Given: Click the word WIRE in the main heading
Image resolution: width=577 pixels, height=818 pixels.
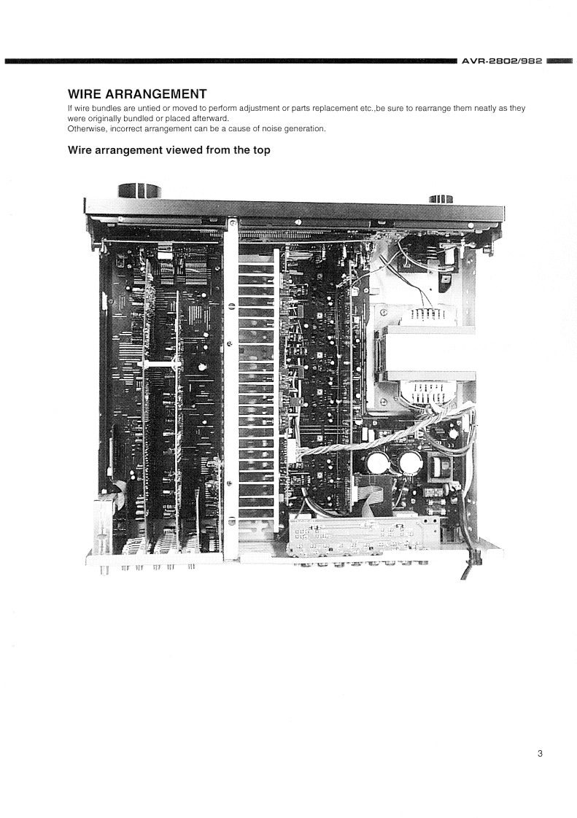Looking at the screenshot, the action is pyautogui.click(x=85, y=94).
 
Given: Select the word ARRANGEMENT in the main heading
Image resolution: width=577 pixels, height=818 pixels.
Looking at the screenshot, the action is pyautogui.click(x=156, y=94).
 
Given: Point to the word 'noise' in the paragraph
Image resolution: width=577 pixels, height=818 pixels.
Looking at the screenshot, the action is pyautogui.click(x=271, y=129).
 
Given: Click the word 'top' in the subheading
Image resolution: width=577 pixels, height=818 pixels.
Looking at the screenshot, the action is pyautogui.click(x=262, y=151).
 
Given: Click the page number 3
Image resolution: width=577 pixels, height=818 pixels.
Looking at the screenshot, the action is pyautogui.click(x=540, y=753).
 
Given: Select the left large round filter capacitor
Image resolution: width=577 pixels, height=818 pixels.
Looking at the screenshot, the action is pyautogui.click(x=376, y=461).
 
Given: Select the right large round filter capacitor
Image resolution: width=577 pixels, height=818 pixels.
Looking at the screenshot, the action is pyautogui.click(x=411, y=461).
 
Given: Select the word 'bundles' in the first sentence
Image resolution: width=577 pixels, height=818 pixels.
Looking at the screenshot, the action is pyautogui.click(x=106, y=109).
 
